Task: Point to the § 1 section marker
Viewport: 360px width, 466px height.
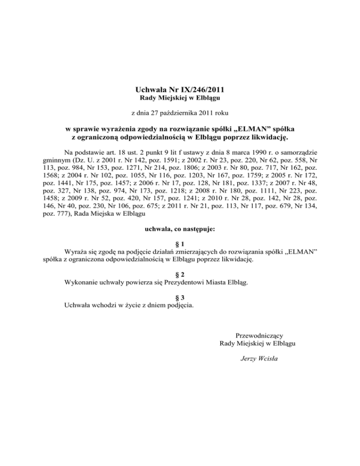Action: pos(180,245)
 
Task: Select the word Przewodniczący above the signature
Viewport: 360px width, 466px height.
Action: pos(257,335)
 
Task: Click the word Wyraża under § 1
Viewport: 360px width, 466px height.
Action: pos(75,253)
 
